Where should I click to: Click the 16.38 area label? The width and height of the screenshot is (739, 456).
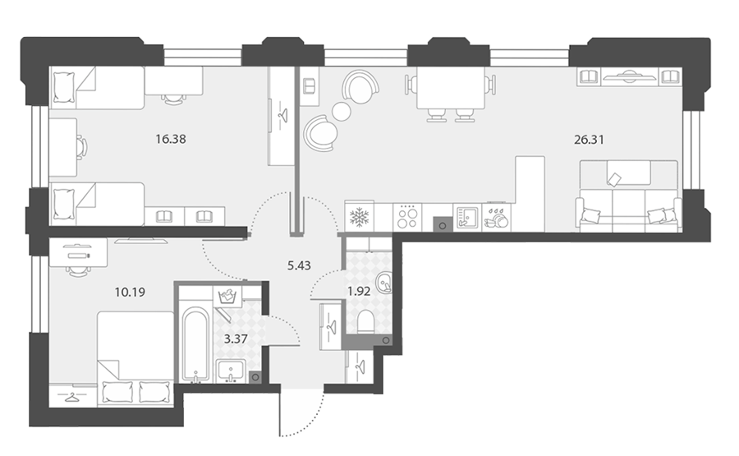[x=171, y=139]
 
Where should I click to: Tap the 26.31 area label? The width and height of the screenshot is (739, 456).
[x=589, y=140]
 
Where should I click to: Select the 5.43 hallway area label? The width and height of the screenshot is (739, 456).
[x=299, y=265]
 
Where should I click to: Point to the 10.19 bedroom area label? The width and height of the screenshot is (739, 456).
[x=130, y=292]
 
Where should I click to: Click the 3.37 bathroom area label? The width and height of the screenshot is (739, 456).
[x=236, y=339]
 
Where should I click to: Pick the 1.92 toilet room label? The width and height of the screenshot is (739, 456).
[x=359, y=292]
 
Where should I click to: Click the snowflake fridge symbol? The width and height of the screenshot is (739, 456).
[x=359, y=218]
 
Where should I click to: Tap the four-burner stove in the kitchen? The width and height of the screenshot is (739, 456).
[x=407, y=218]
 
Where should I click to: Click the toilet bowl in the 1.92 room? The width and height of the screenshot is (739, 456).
[x=365, y=323]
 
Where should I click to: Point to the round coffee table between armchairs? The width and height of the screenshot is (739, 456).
[x=342, y=112]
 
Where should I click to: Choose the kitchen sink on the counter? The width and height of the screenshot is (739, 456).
[x=467, y=218]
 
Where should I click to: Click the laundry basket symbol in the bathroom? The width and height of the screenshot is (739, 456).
[x=227, y=296]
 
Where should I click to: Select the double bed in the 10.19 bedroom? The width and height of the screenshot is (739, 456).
[x=135, y=357]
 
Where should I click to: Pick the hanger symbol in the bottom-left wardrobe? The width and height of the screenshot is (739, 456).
[x=72, y=398]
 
